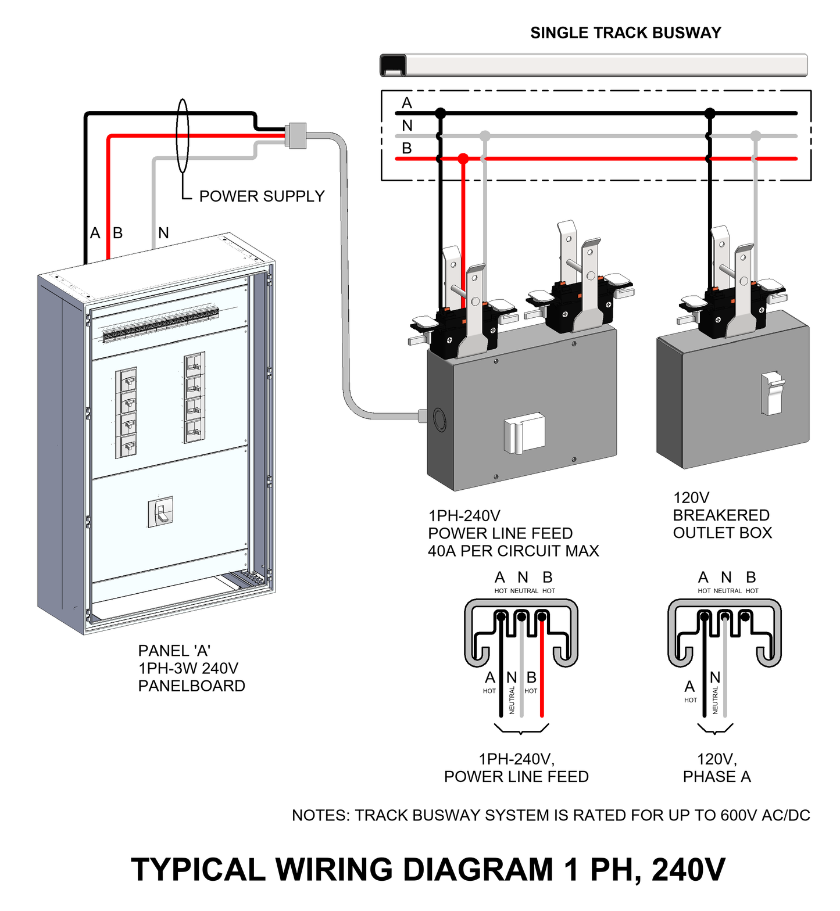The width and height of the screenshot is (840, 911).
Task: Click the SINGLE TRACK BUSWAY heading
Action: (625, 33)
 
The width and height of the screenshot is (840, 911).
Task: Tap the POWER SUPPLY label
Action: (262, 196)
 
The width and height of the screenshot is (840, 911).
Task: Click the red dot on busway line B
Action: (463, 158)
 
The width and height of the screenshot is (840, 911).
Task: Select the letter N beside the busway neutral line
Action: (407, 125)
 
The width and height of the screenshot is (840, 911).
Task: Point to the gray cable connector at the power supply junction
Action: (296, 135)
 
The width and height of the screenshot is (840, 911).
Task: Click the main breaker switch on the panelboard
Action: (161, 512)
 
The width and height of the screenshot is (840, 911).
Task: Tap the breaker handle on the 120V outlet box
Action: (772, 393)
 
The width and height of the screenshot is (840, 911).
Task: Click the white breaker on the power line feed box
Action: (523, 433)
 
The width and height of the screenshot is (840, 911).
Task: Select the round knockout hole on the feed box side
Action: (439, 419)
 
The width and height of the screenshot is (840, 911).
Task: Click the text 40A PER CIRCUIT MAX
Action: (513, 551)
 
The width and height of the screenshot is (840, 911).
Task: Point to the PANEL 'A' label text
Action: (174, 651)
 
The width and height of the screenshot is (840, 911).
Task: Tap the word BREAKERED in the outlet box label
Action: (721, 515)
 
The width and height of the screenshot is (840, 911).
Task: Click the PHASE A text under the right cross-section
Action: (717, 777)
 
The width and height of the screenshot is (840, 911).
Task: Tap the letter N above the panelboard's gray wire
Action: (163, 233)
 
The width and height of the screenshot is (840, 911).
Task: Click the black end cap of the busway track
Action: (393, 65)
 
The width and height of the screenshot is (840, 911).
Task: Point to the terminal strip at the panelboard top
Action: (160, 324)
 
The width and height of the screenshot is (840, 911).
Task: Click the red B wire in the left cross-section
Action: (542, 668)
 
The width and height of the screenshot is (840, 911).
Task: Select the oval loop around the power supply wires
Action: (183, 136)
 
